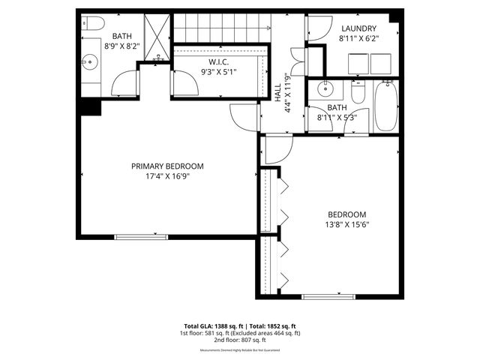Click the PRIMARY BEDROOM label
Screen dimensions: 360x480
coord(167,166)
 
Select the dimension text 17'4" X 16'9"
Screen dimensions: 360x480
coord(167,177)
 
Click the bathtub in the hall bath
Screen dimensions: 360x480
coord(385,106)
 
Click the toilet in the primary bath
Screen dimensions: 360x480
coord(89,22)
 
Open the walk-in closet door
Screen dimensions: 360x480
coord(185,82)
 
